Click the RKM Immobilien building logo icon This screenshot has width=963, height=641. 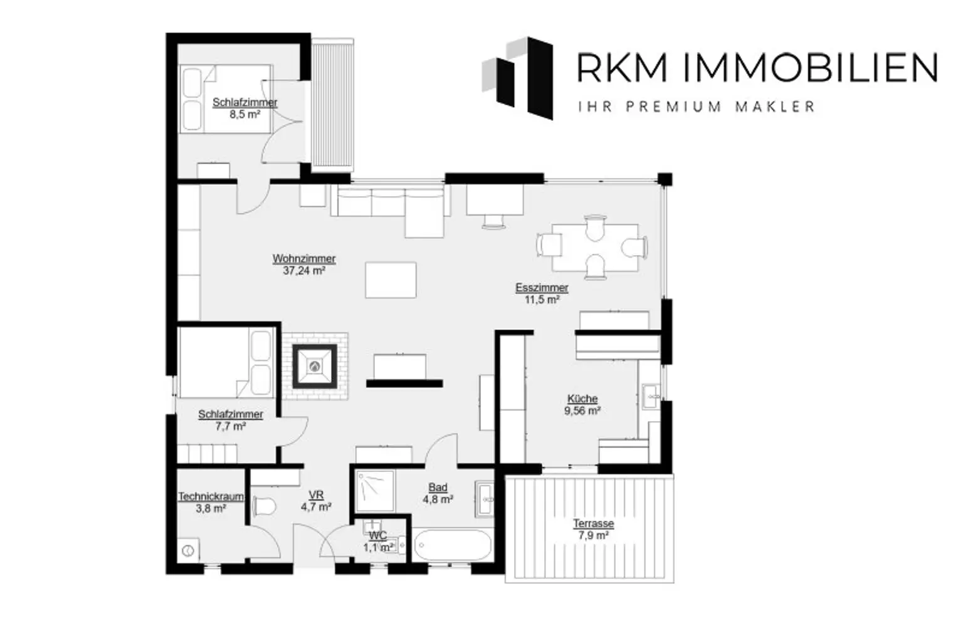click(518, 78)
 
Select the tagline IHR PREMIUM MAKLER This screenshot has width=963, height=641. click(697, 107)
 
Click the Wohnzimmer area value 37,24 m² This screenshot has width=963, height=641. click(304, 271)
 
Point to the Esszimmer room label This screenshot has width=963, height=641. click(542, 288)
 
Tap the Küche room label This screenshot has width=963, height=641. click(582, 399)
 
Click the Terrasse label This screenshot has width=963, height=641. click(593, 524)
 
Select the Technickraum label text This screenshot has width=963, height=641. click(211, 497)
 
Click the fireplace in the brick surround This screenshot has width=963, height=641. click(315, 367)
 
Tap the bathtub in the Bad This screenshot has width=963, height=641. click(452, 545)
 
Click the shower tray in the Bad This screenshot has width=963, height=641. click(375, 491)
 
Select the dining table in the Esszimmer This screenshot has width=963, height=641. click(594, 248)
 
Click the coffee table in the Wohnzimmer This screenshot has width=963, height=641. click(391, 280)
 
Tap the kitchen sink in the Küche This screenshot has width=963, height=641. click(651, 396)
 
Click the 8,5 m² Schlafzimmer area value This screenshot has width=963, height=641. click(245, 114)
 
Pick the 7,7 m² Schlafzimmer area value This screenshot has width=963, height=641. click(231, 426)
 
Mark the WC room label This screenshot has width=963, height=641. click(378, 536)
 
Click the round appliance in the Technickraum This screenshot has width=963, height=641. click(188, 550)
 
